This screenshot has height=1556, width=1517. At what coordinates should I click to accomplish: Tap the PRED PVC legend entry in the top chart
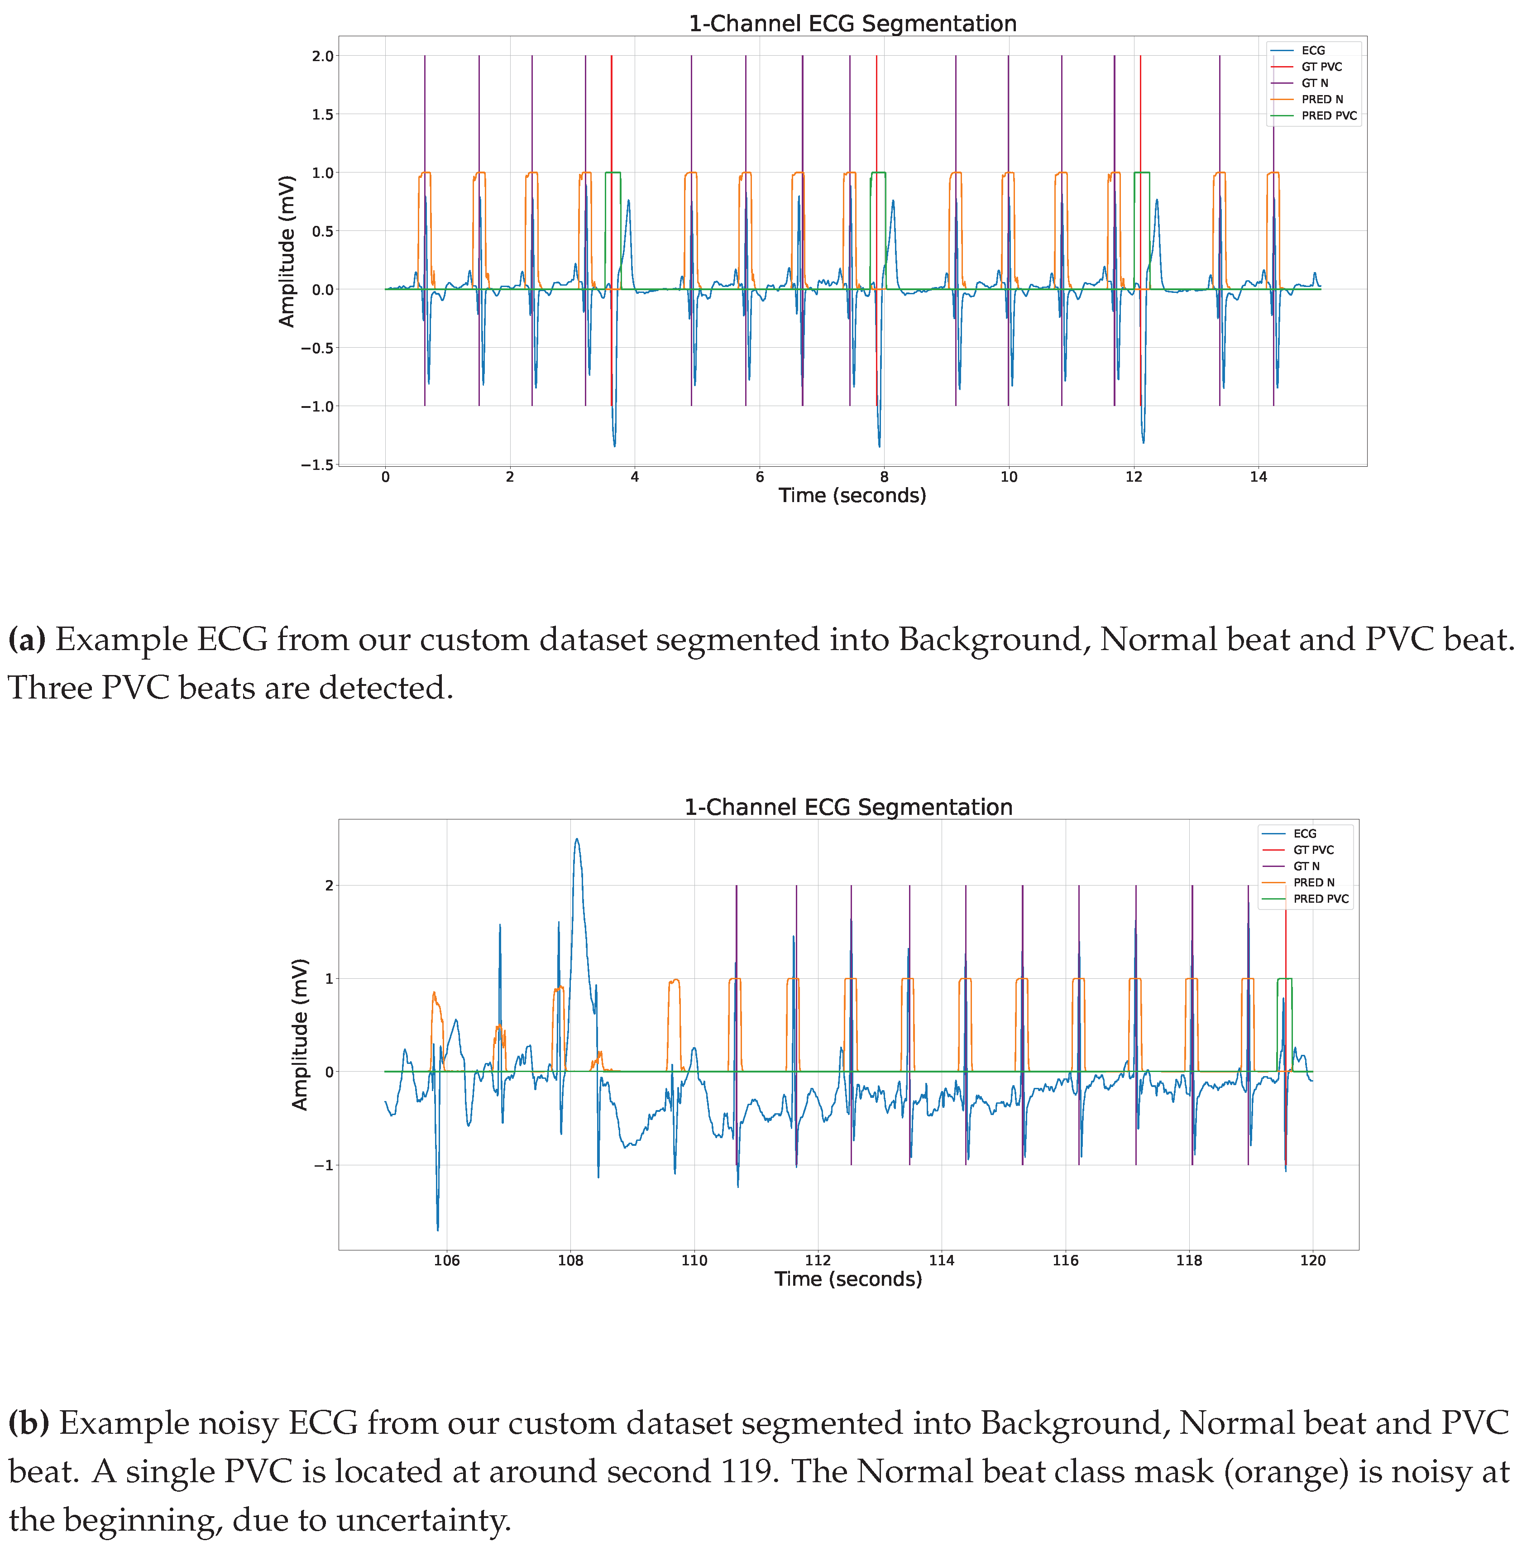1328,115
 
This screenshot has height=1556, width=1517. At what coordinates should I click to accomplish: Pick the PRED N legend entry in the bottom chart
1313,882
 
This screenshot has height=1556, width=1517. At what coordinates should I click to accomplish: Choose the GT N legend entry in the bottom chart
1306,866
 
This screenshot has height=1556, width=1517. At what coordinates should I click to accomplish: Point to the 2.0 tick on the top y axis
323,56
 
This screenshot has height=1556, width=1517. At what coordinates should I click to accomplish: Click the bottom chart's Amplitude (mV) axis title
300,1034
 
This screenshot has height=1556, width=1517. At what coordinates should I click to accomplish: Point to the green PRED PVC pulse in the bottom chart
1284,978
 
